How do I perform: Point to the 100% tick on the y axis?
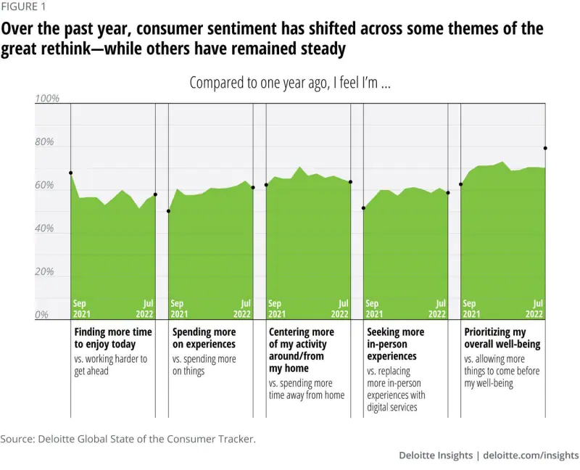(x=47, y=99)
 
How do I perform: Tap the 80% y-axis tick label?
(x=45, y=142)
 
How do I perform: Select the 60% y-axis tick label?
(x=45, y=186)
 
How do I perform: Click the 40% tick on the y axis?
(x=45, y=228)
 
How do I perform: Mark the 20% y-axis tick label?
(x=45, y=272)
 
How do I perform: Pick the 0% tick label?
(x=43, y=316)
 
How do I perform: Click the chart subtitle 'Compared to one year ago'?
(x=290, y=83)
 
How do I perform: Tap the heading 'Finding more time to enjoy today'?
(x=113, y=338)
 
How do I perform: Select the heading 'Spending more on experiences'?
(x=204, y=338)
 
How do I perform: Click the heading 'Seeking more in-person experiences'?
(x=395, y=344)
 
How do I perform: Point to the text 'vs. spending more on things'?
(x=204, y=365)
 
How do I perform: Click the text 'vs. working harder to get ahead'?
(x=111, y=365)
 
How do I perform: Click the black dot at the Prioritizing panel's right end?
(x=545, y=148)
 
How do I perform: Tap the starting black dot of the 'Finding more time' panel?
(x=71, y=173)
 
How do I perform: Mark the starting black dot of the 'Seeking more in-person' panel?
(x=363, y=208)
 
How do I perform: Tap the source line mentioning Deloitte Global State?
(x=128, y=439)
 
